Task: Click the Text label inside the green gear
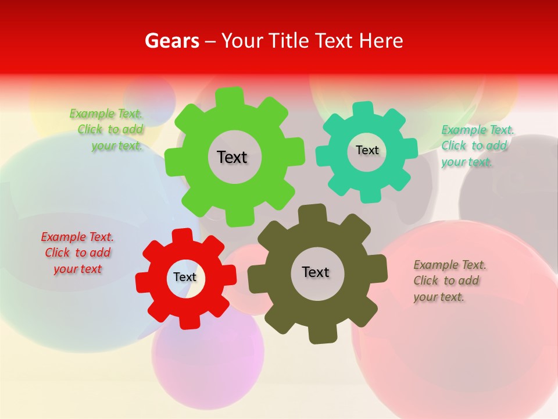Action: coord(232,157)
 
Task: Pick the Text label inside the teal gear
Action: coord(367,150)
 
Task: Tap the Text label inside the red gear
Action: coord(185,277)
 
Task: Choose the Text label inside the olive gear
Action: coord(316,272)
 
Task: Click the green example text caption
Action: coord(108,129)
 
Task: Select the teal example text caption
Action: coord(477,145)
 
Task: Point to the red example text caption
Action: coord(77,253)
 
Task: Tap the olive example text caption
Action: coord(449,280)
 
